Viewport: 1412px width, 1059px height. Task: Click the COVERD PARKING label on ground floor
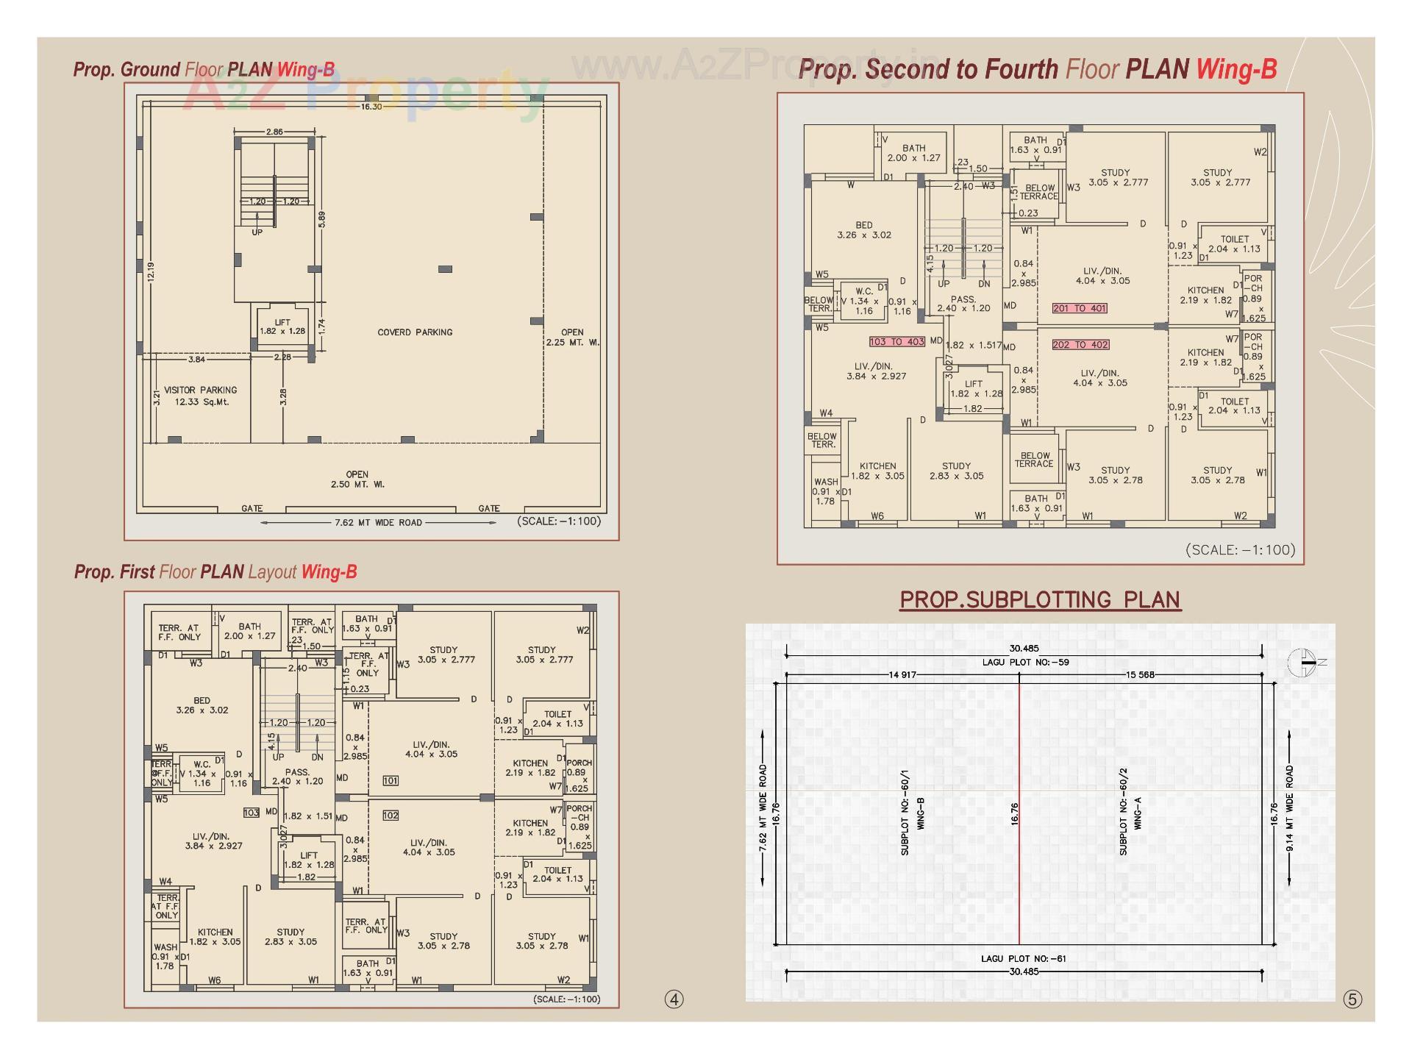coord(415,332)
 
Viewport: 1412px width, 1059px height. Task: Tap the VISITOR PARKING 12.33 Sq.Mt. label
coord(200,396)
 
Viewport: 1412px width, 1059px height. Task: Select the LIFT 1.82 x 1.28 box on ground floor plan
coord(282,327)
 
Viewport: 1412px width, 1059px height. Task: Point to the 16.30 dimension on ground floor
coord(371,107)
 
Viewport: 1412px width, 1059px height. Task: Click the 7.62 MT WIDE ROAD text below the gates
coord(378,523)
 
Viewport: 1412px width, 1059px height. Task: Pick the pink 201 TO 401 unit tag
coord(1079,308)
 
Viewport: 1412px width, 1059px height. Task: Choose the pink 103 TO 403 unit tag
coord(896,341)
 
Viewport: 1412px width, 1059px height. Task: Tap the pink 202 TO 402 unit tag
coord(1080,344)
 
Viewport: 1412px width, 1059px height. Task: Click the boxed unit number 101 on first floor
coord(391,780)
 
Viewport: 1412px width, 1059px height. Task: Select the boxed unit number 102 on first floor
coord(391,815)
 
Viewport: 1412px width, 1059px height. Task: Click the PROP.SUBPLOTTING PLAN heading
coord(1040,599)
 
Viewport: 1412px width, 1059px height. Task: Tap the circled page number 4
coord(674,999)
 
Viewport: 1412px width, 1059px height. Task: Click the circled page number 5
coord(1352,999)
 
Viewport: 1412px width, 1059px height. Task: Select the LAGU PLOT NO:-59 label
coord(1025,662)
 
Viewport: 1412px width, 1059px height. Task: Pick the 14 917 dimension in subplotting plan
coord(902,674)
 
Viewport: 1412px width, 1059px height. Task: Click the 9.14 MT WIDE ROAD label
coord(1289,808)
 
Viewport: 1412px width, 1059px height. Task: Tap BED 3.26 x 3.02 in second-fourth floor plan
coord(863,230)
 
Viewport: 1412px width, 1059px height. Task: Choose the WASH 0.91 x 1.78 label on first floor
coord(165,956)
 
